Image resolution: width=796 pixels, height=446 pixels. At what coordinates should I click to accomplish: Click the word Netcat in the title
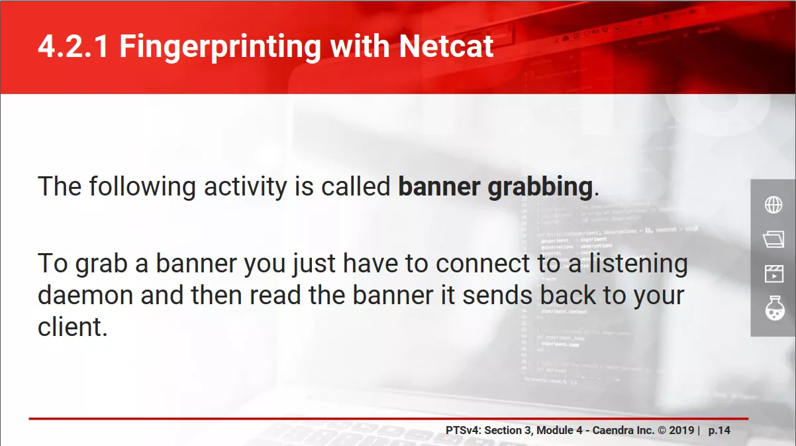pyautogui.click(x=446, y=46)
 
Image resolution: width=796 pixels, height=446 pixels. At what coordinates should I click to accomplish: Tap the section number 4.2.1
pyautogui.click(x=74, y=46)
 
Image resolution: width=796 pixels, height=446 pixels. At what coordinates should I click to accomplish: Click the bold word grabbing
pyautogui.click(x=540, y=187)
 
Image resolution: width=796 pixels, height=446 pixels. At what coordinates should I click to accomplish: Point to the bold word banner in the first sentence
pyautogui.click(x=439, y=186)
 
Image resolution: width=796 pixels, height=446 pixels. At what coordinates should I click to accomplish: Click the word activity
pyautogui.click(x=245, y=187)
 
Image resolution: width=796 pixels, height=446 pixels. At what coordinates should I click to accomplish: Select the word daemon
pyautogui.click(x=85, y=295)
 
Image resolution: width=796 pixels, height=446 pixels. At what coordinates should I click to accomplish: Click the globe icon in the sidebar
pyautogui.click(x=773, y=205)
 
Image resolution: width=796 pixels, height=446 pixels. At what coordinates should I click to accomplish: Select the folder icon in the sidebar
pyautogui.click(x=773, y=239)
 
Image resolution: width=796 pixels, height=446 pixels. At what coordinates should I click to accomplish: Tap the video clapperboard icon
pyautogui.click(x=773, y=274)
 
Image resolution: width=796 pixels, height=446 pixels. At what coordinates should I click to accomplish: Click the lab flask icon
pyautogui.click(x=774, y=308)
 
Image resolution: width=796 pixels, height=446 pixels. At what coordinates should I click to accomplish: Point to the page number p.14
pyautogui.click(x=719, y=431)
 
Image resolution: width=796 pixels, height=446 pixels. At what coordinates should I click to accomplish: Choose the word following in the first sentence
pyautogui.click(x=142, y=187)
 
